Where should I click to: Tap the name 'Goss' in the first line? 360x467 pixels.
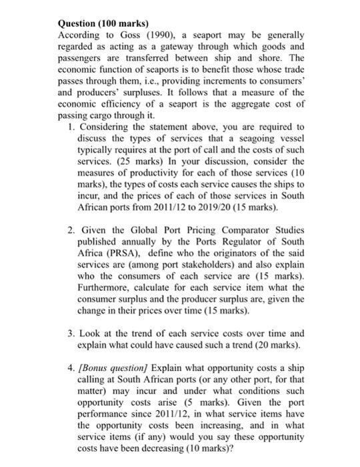[133, 34]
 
